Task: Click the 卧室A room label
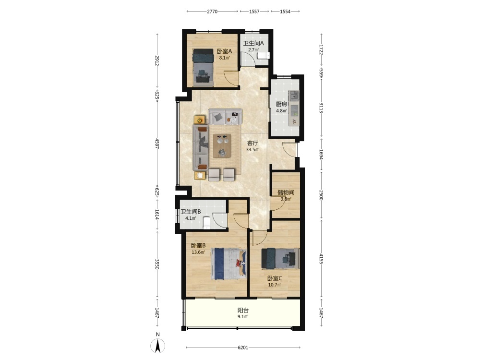point(224,51)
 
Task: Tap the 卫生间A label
point(253,44)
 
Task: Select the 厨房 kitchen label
point(281,104)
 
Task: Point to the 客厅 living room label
point(252,143)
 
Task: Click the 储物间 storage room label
point(286,192)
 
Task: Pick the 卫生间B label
point(191,212)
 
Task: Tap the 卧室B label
point(198,245)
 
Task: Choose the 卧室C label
point(275,278)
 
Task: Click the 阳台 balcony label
point(243,310)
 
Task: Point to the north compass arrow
point(157,346)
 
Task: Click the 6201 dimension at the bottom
point(243,348)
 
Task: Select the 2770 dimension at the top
point(212,12)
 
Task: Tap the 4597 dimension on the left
point(157,144)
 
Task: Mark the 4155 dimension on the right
point(321,259)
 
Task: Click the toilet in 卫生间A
point(263,55)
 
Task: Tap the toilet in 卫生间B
point(206,223)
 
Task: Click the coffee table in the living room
point(222,145)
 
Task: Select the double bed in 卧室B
point(228,264)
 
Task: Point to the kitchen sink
point(294,95)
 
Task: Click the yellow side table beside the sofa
point(200,120)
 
